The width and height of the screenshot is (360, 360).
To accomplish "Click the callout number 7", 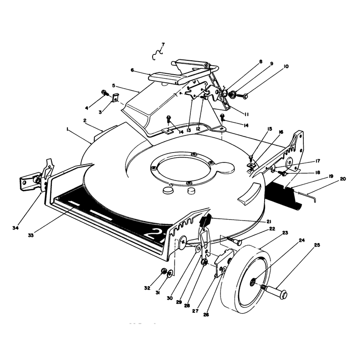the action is pos(163,44).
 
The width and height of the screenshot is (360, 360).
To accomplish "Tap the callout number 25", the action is pos(317,245).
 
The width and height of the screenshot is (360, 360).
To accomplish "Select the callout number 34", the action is pos(15,228).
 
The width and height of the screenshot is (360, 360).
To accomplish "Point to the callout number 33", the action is pos(31,235).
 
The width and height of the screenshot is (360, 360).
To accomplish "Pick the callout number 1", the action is pos(67,130).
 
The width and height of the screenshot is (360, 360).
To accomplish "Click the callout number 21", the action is pos(269,221).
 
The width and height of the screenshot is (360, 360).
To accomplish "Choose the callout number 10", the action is pos(286,66).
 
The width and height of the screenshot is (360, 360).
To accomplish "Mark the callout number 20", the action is pos(342,179).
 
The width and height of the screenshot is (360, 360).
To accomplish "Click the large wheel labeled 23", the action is pos(246,279).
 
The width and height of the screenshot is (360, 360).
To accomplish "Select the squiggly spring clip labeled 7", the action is pos(157,54).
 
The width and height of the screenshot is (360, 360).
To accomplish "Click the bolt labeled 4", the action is pos(105,93).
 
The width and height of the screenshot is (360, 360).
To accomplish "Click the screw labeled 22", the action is pos(234,240).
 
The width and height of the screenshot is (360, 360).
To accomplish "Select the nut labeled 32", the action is pos(164,271).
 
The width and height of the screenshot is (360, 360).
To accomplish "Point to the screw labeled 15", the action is pos(251,158).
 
